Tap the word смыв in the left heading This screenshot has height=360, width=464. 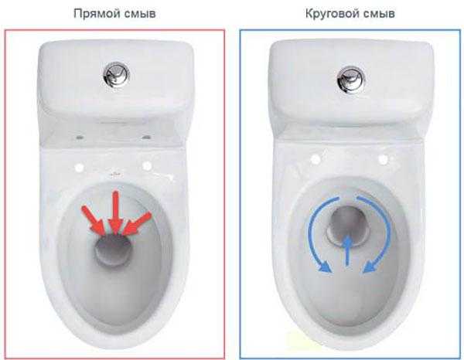(138, 14)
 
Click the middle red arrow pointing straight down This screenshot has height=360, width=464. (115, 212)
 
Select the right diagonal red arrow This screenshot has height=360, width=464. (137, 223)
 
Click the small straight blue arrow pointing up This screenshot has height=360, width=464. (348, 250)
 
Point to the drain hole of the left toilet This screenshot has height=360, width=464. (113, 249)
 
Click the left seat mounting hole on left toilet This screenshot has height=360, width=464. (80, 168)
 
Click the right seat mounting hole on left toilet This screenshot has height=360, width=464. (147, 166)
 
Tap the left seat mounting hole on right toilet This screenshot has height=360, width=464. (316, 160)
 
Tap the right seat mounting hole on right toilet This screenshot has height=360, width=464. (384, 160)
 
